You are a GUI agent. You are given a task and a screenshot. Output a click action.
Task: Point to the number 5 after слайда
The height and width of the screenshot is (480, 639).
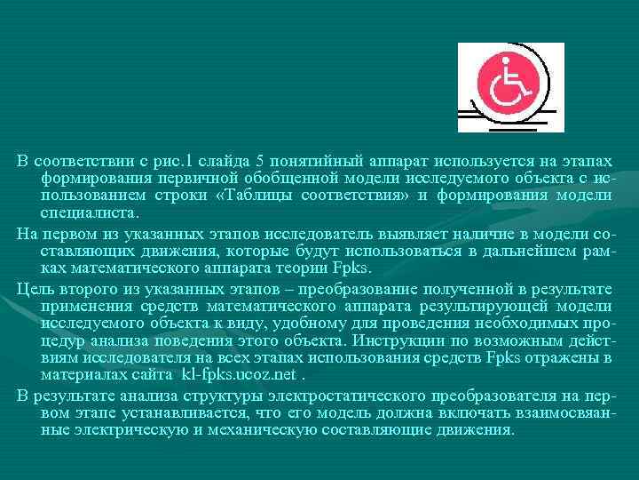tap(259, 161)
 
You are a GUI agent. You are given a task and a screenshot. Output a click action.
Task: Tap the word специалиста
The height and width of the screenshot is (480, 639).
tap(89, 212)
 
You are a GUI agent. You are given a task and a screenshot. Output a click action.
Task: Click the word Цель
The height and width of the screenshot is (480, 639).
tap(35, 291)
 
